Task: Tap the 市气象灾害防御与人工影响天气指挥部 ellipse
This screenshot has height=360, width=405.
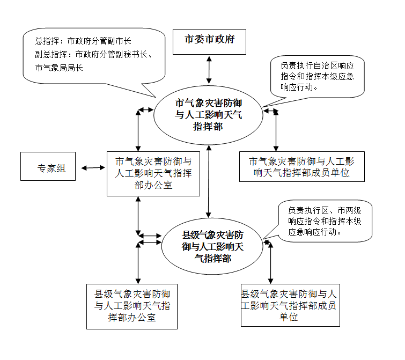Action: (x=208, y=114)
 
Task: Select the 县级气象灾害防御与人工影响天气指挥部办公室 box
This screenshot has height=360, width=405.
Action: (x=132, y=306)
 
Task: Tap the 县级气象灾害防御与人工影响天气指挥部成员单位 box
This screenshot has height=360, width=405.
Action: (x=290, y=306)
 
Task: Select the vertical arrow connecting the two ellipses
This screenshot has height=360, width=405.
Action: (x=209, y=181)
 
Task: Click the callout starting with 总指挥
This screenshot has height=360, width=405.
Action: (x=93, y=56)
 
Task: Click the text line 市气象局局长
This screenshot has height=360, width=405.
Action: (x=59, y=68)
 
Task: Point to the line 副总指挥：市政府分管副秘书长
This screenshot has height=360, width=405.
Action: (x=94, y=54)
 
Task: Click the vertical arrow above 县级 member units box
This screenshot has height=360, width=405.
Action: (x=270, y=263)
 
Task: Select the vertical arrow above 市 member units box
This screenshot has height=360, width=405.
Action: (x=276, y=131)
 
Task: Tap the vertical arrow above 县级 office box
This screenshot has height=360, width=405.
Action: (x=138, y=262)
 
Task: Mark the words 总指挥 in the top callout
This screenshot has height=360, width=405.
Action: (x=47, y=41)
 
